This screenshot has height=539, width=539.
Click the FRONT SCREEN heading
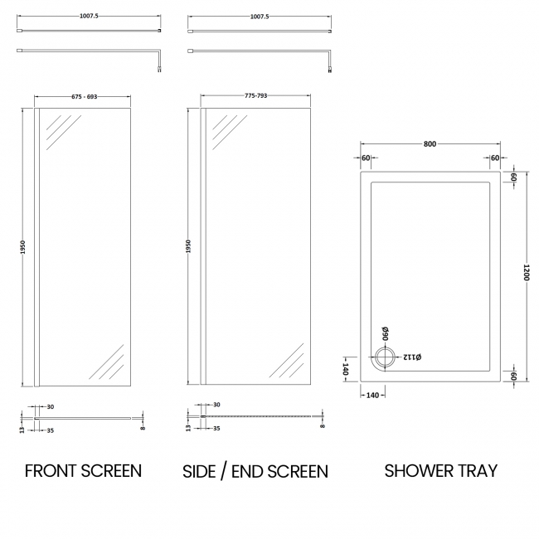(x=83, y=471)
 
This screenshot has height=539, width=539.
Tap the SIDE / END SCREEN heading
(x=255, y=472)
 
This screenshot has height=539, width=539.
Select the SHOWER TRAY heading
(x=441, y=471)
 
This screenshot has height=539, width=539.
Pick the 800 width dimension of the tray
(x=430, y=144)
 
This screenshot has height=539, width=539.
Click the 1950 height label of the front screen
(x=24, y=248)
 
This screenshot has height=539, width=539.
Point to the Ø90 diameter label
(x=386, y=333)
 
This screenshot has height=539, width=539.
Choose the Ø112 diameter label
(x=412, y=357)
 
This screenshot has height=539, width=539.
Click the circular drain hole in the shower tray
(x=386, y=358)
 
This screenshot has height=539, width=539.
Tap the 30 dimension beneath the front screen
(x=51, y=406)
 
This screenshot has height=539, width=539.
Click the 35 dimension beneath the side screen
(x=217, y=429)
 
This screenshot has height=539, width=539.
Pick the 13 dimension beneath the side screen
(x=188, y=424)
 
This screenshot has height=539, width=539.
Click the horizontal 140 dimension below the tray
(x=371, y=395)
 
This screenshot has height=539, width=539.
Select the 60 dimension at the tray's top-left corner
(x=365, y=158)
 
